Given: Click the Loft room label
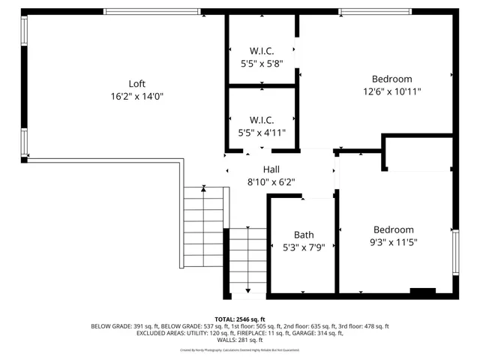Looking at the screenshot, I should click(x=136, y=83).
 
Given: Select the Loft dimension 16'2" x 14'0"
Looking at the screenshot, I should click(x=136, y=96).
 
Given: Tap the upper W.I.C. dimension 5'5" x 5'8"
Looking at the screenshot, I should click(x=262, y=64).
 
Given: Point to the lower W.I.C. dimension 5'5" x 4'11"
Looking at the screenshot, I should click(x=262, y=132).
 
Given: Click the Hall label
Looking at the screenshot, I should click(x=271, y=169).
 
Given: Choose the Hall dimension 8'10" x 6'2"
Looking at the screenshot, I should click(x=271, y=181).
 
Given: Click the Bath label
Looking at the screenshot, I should click(x=304, y=234).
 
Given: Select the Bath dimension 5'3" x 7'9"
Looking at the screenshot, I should click(x=304, y=246).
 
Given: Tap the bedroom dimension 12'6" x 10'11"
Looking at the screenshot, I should click(x=392, y=91).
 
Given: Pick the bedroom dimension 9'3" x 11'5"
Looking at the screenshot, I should click(x=394, y=242).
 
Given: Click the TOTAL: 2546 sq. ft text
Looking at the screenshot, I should click(x=240, y=319).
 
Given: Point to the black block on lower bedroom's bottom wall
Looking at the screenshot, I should click(x=423, y=291).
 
